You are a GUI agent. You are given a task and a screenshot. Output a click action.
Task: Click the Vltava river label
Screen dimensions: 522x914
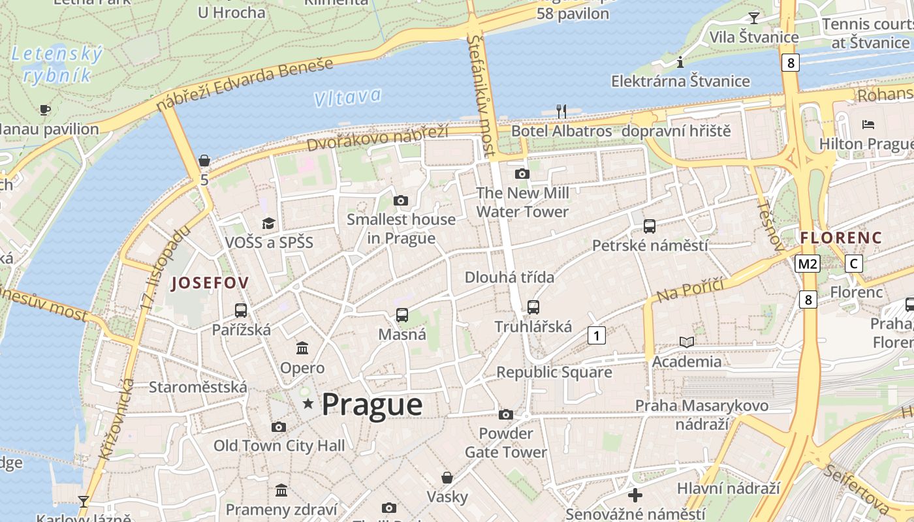(347, 97)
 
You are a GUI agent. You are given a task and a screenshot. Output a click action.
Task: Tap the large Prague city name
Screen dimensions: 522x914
(372, 405)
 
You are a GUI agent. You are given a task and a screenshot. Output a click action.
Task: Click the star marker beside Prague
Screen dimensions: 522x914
(308, 405)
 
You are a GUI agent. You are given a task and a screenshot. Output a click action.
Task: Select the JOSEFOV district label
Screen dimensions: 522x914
(210, 283)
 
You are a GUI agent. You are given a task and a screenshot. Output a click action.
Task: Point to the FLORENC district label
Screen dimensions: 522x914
(841, 238)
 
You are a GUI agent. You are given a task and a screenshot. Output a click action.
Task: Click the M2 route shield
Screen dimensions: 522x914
(808, 264)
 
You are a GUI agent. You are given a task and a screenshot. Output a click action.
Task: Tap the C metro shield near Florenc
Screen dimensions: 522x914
(853, 264)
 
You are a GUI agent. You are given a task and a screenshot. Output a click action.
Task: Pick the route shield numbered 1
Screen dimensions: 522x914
(596, 335)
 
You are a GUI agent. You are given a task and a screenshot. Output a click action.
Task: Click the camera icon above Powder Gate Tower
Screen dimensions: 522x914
(505, 414)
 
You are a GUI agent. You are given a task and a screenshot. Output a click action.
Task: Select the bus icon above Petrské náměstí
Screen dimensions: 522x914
(650, 226)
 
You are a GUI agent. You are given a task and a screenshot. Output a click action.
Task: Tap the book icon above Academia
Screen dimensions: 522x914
(687, 342)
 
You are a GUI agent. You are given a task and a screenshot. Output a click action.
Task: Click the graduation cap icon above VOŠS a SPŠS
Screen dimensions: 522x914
(268, 224)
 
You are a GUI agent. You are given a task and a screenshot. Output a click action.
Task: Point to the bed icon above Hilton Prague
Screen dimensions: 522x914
(868, 124)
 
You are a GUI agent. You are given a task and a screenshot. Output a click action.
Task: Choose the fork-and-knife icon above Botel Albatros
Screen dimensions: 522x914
(561, 111)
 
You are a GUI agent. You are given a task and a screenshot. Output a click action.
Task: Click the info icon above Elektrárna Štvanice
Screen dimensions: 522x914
(680, 62)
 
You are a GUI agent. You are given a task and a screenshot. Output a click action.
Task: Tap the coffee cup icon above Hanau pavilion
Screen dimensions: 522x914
(44, 110)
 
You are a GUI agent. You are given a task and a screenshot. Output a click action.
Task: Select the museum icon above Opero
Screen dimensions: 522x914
(302, 348)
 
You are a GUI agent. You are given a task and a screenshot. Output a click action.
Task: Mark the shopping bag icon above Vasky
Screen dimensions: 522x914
(447, 478)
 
